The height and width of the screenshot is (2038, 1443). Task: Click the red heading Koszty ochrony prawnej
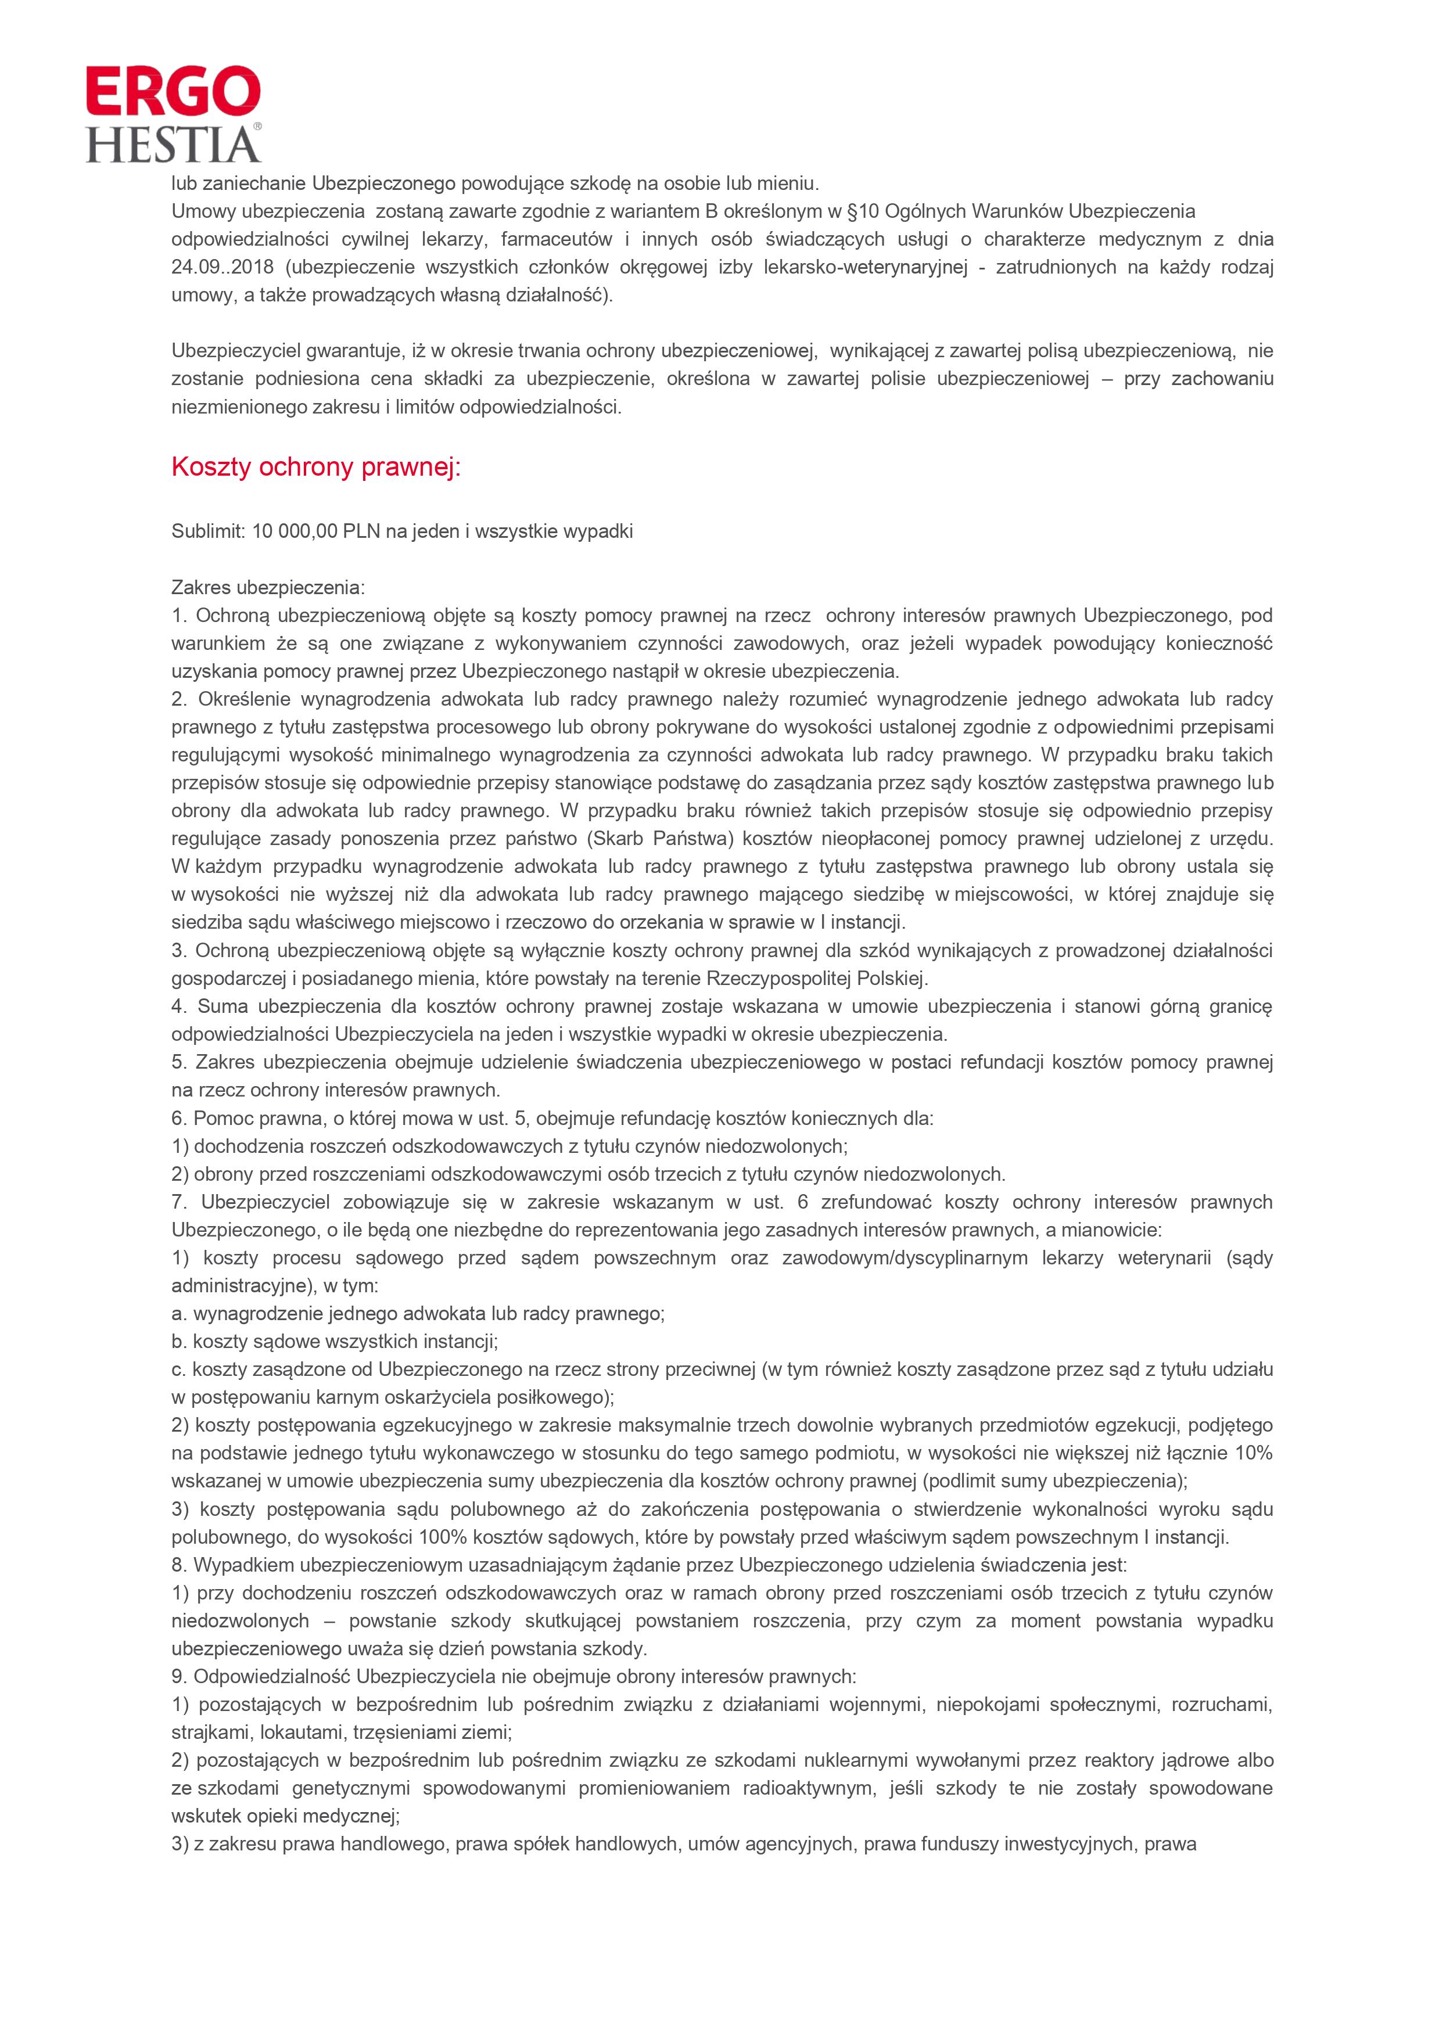[315, 468]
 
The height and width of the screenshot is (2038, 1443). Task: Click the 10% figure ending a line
[1253, 1453]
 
